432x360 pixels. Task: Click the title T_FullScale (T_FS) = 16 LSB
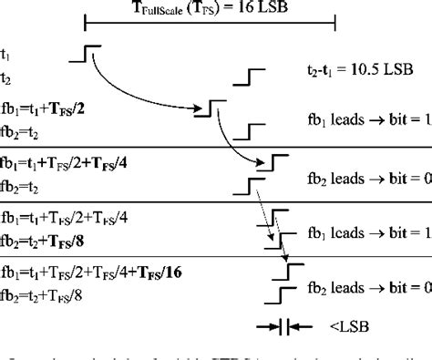pyautogui.click(x=211, y=8)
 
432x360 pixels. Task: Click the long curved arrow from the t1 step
pyautogui.click(x=146, y=91)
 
